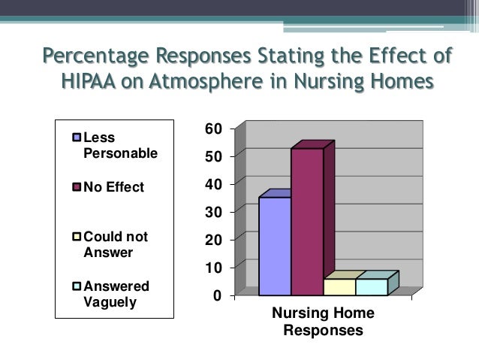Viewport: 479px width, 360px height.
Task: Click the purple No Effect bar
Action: coord(307,222)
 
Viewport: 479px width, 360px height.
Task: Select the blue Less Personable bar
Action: coord(274,246)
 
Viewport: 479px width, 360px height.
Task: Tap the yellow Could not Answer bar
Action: coord(339,286)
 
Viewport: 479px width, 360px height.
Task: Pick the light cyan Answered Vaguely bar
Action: coord(372,286)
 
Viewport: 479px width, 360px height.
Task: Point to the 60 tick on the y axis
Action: coord(213,129)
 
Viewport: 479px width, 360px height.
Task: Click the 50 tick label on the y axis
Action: coord(213,156)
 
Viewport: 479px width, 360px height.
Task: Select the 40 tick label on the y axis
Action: coord(213,184)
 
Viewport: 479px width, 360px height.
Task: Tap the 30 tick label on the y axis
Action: coord(213,212)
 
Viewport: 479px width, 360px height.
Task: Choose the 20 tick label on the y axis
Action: coord(213,240)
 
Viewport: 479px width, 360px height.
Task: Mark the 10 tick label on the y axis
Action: coord(213,268)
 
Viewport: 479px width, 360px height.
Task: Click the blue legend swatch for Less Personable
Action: coord(77,138)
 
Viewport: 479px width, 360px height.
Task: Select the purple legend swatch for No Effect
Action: coord(77,187)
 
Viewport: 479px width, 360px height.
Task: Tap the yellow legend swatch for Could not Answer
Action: coord(77,237)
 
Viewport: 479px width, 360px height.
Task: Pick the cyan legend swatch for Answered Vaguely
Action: coord(77,286)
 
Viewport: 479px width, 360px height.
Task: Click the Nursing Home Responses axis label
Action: coord(323,322)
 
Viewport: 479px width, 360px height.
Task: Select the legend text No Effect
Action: coord(113,187)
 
